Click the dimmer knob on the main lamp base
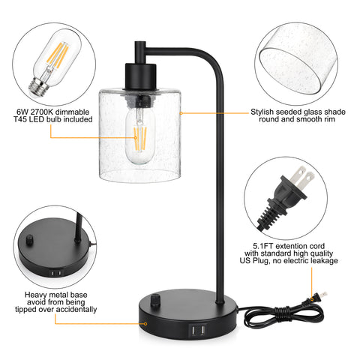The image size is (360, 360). coord(155,299)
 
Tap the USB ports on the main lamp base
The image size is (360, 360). coord(197,331)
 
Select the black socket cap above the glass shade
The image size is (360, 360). coord(140,76)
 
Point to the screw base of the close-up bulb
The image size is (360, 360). coord(37,86)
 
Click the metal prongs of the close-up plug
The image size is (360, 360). coord(302,178)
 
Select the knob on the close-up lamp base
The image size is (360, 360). coord(29,240)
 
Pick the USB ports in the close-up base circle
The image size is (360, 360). coord(56,273)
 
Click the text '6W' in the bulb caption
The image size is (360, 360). coord(22,112)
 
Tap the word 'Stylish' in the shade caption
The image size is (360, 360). coord(262,112)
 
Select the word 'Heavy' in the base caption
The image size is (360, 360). coord(34,295)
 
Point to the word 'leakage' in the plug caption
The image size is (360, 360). coord(324,261)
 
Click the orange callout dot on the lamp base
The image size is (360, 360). coord(145,323)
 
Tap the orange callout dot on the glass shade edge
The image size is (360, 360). coord(181,113)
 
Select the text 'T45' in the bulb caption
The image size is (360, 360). coord(20,119)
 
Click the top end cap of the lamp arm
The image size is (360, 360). coord(140,44)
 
